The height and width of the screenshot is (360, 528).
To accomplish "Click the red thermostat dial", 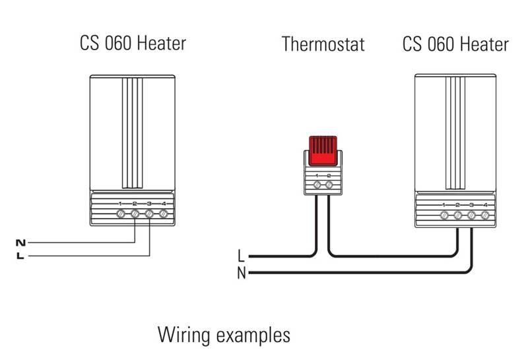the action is [323, 151].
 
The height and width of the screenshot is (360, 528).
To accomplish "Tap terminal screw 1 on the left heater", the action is [121, 214].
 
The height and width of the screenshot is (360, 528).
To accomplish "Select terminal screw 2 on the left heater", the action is [135, 214].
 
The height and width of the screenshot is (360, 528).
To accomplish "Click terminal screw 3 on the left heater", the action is [149, 214].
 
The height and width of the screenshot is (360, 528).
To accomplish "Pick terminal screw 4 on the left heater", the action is [164, 214].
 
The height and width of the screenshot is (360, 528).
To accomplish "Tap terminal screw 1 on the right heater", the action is [444, 215].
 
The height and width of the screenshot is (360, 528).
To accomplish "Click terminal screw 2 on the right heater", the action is [457, 215].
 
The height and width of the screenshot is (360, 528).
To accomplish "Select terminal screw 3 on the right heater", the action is [471, 215].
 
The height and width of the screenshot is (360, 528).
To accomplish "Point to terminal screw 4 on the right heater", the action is [485, 215].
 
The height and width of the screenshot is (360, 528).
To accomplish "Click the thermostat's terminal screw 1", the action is [317, 185].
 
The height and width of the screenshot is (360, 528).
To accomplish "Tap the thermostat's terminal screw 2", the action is [329, 185].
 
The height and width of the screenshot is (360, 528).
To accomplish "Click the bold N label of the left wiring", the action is [20, 242].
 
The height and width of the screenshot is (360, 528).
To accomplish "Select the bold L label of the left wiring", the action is [20, 256].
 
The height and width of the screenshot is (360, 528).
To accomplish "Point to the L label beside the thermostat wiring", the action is [241, 256].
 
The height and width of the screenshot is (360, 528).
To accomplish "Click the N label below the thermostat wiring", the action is [242, 273].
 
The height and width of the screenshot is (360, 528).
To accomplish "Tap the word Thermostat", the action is [323, 44].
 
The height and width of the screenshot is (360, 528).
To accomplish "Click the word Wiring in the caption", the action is [184, 335].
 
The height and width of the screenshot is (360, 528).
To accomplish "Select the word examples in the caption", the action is [253, 336].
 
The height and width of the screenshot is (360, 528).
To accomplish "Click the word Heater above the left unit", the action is [162, 43].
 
